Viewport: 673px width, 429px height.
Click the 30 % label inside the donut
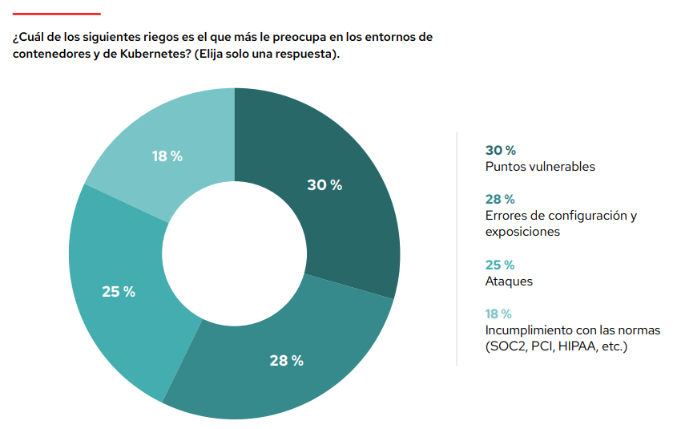click(324, 185)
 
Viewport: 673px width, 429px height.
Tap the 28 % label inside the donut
click(286, 361)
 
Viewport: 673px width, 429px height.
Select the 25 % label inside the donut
click(119, 292)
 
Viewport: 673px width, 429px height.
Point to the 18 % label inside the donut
click(167, 156)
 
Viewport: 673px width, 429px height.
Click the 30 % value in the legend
click(500, 150)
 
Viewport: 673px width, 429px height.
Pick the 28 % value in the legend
click(500, 199)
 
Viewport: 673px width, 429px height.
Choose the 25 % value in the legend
click(500, 265)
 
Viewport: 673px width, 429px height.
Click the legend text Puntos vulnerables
click(540, 167)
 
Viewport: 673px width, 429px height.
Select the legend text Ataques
click(509, 281)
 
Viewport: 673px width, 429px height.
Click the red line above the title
click(57, 14)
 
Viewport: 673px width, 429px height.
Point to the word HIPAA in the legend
click(579, 346)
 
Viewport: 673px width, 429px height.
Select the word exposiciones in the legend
click(522, 232)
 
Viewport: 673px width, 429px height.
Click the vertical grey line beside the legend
click(457, 249)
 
